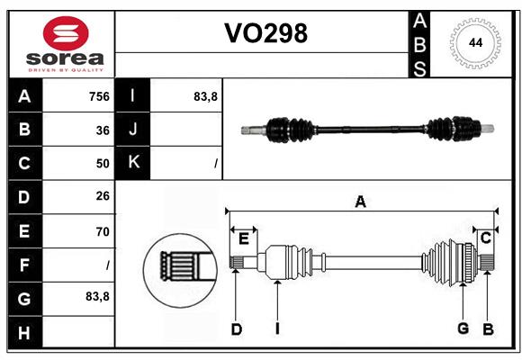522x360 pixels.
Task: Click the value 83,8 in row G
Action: click(97, 296)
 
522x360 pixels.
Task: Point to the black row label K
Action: click(133, 163)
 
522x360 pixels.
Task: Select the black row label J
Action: click(133, 130)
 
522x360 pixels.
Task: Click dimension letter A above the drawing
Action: click(360, 202)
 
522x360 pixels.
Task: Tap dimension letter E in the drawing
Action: click(244, 238)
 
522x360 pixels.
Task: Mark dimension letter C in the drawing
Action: click(485, 238)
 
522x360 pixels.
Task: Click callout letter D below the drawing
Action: click(237, 329)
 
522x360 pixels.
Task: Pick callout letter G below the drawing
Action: click(463, 329)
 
